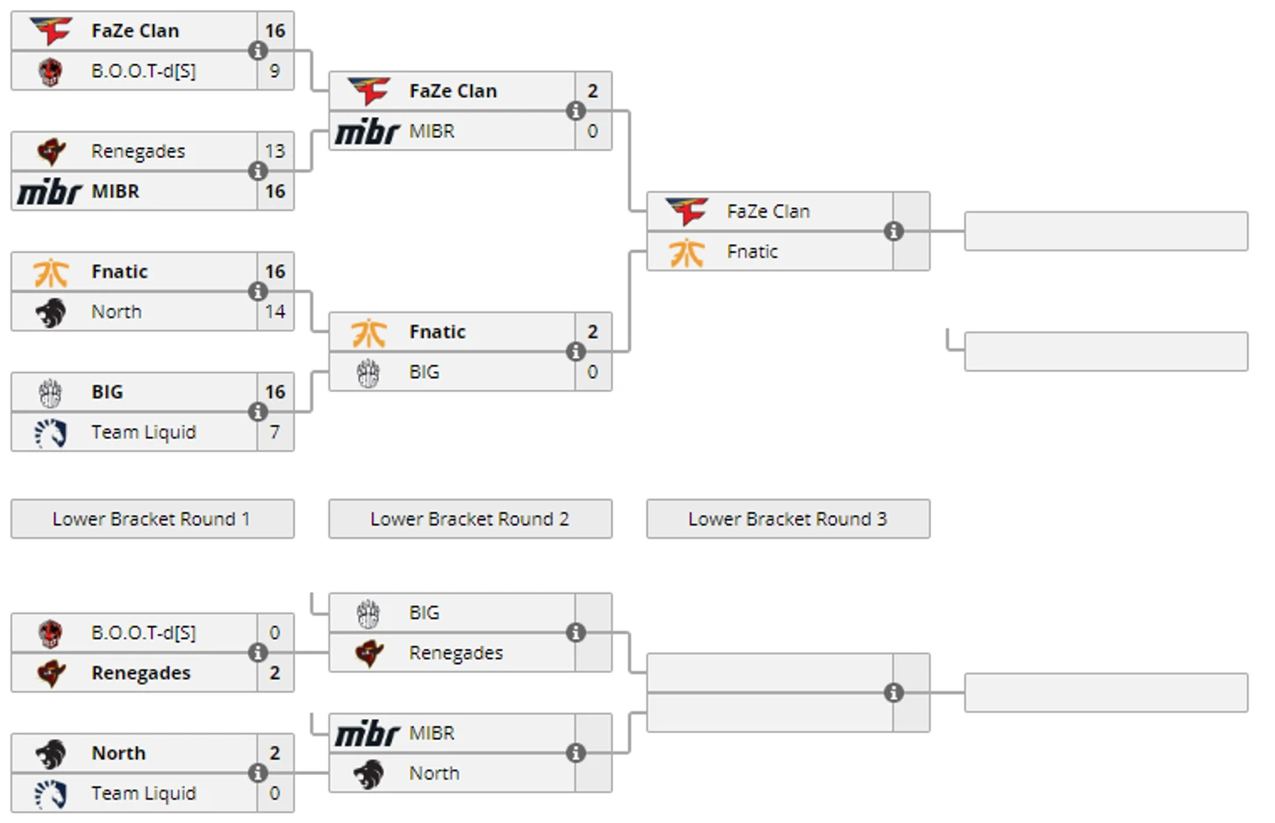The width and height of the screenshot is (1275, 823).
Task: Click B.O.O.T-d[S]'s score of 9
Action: click(x=275, y=71)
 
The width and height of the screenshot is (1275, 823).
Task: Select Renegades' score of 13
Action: click(x=275, y=151)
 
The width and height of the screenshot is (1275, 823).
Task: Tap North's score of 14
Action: click(x=275, y=312)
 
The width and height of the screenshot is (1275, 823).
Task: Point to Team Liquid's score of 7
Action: click(x=275, y=432)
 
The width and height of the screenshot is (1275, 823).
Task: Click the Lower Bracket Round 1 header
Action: click(x=152, y=519)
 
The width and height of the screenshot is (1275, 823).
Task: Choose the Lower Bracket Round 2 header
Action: click(x=470, y=519)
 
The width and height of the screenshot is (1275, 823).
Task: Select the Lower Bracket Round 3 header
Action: click(x=788, y=519)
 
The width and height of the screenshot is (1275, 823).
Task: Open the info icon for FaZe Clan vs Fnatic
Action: click(x=893, y=231)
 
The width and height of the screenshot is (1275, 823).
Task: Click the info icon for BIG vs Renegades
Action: click(x=575, y=633)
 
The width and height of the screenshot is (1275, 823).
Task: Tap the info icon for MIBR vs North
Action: click(x=575, y=753)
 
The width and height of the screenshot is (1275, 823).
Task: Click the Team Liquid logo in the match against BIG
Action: click(x=51, y=432)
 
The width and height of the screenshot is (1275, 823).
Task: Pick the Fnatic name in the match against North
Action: click(x=120, y=271)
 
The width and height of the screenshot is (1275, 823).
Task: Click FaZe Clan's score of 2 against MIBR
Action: click(x=593, y=91)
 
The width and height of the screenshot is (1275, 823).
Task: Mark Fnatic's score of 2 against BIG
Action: click(x=593, y=332)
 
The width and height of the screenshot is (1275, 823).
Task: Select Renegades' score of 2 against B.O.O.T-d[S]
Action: click(x=275, y=673)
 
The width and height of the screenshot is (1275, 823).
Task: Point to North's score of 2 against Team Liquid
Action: click(x=275, y=753)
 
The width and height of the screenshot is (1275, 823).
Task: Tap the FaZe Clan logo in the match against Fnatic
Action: click(x=687, y=211)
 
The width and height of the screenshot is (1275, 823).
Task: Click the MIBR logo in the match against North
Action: click(x=368, y=733)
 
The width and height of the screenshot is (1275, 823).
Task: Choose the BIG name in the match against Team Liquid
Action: click(x=107, y=392)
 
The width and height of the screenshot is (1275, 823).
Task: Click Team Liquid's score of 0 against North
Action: click(x=275, y=793)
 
